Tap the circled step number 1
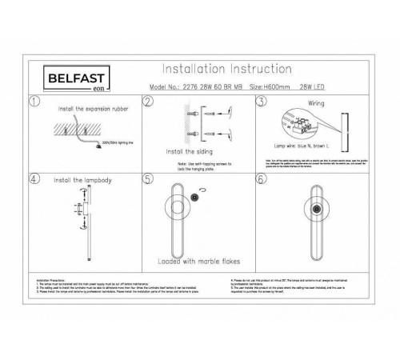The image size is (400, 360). click(x=34, y=102)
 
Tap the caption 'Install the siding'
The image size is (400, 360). click(x=186, y=150)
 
